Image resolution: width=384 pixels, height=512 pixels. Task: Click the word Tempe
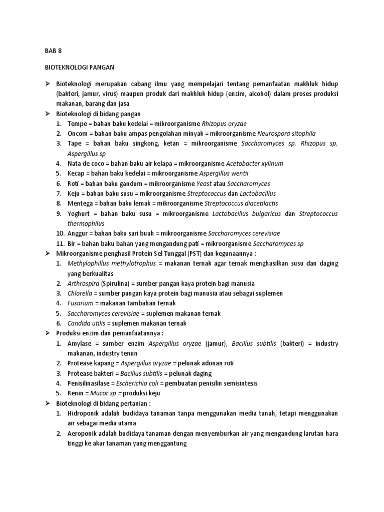(x=77, y=123)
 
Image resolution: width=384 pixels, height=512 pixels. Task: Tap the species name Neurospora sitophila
(x=286, y=133)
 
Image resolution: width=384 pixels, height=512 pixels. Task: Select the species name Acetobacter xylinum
(x=255, y=163)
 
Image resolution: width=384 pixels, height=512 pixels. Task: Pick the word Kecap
(x=77, y=173)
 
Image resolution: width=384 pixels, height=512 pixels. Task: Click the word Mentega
(x=80, y=203)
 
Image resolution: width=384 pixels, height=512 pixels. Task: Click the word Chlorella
(x=80, y=293)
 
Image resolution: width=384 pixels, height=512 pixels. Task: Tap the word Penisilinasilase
(x=90, y=383)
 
